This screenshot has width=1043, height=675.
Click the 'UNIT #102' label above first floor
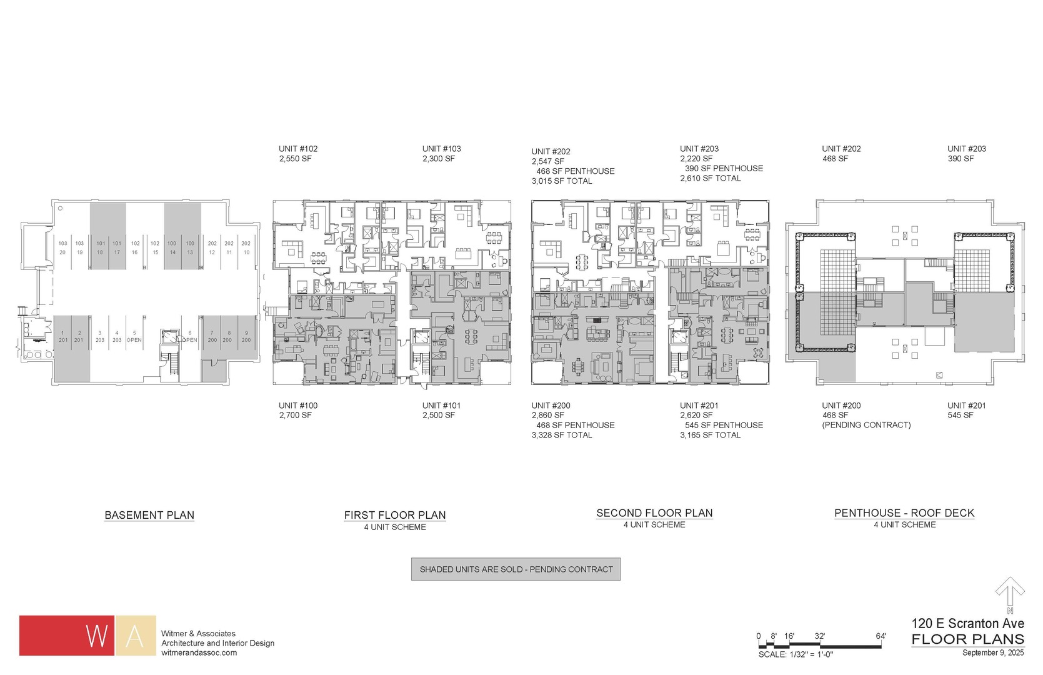pyautogui.click(x=298, y=149)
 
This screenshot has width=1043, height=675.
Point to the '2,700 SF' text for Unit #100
pyautogui.click(x=295, y=415)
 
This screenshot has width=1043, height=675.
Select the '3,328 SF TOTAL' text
pyautogui.click(x=561, y=435)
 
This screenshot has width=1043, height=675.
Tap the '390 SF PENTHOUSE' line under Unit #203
pyautogui.click(x=724, y=168)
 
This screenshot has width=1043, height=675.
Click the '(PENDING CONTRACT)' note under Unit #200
pyautogui.click(x=866, y=425)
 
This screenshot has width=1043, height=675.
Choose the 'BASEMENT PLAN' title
pyautogui.click(x=149, y=515)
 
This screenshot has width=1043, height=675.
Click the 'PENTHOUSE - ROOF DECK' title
pyautogui.click(x=904, y=513)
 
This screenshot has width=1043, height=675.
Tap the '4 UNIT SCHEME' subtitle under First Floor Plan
pyautogui.click(x=395, y=527)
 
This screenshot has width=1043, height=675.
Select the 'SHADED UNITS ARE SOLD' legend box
pyautogui.click(x=516, y=569)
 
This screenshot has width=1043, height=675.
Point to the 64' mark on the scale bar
pyautogui.click(x=881, y=636)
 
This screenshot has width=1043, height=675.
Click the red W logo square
pyautogui.click(x=67, y=636)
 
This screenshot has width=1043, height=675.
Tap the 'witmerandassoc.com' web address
pyautogui.click(x=199, y=652)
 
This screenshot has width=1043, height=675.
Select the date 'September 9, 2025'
pyautogui.click(x=993, y=653)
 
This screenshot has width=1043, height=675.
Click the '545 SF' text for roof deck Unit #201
pyautogui.click(x=961, y=415)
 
